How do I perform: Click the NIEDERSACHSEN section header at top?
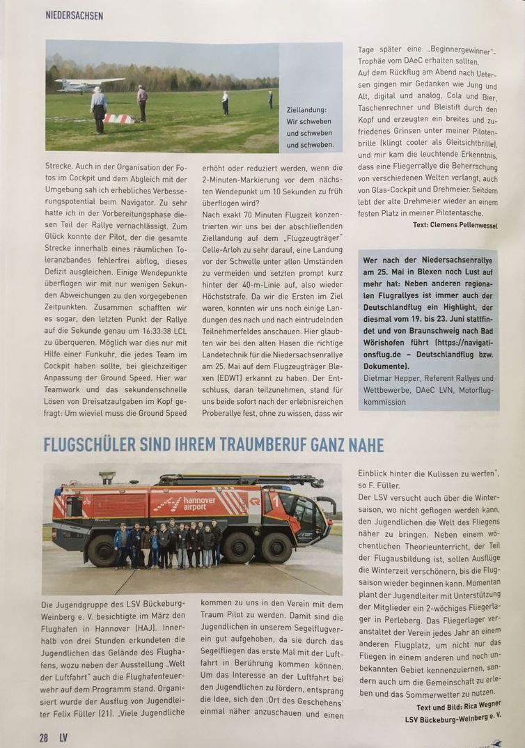click(x=74, y=15)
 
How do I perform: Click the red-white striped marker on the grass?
click(x=118, y=118)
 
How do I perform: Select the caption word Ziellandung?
click(x=306, y=109)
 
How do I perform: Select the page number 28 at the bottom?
click(x=43, y=738)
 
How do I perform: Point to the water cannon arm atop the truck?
click(x=240, y=481)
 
